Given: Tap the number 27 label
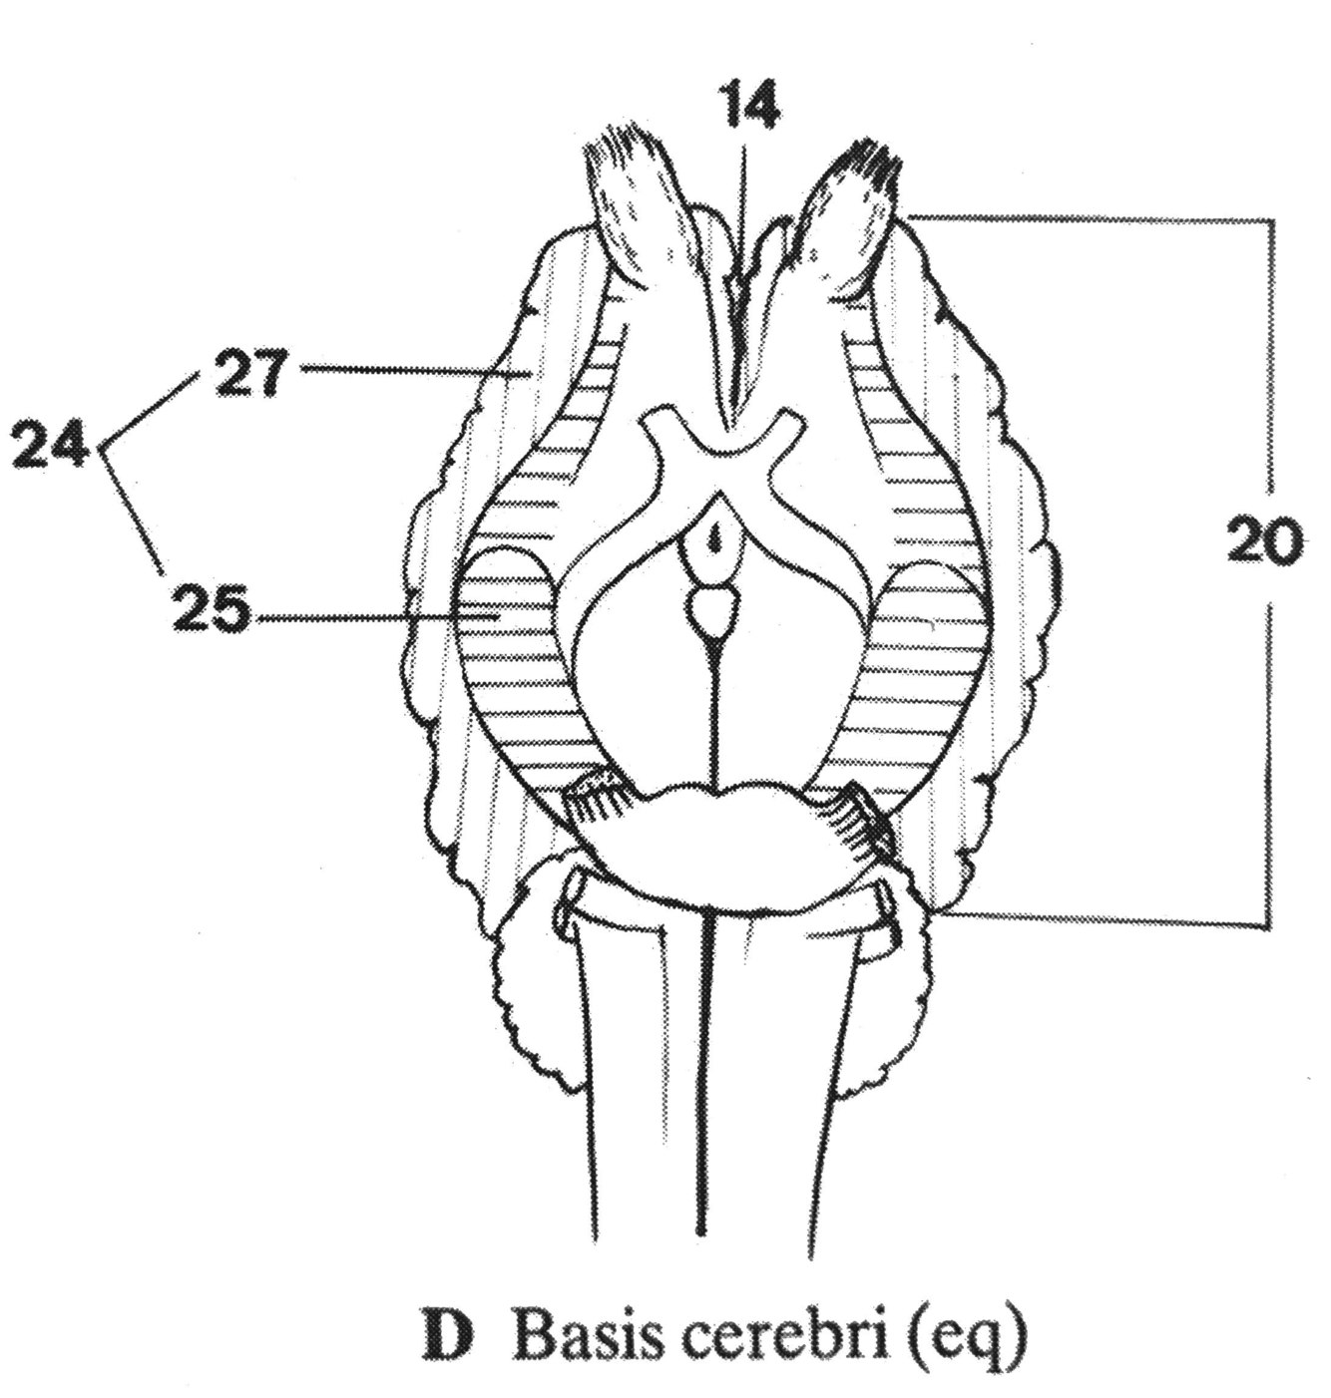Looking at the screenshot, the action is click(249, 376).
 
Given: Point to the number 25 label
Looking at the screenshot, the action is click(212, 611).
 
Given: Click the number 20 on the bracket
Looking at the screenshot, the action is click(1265, 542).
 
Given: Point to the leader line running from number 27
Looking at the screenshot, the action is click(399, 371).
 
